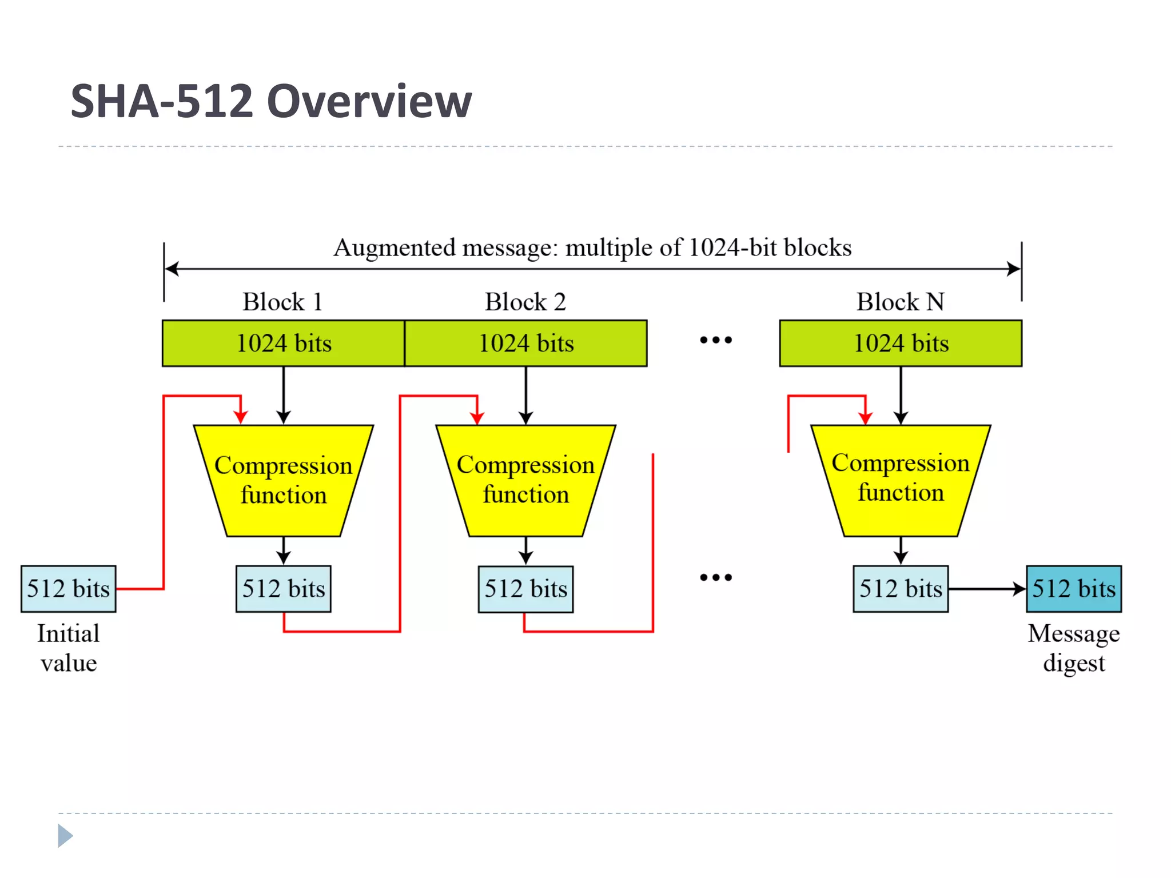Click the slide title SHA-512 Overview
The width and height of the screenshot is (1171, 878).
click(x=271, y=101)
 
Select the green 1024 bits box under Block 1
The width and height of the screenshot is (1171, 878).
click(x=284, y=343)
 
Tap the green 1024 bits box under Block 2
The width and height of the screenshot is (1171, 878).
click(x=526, y=343)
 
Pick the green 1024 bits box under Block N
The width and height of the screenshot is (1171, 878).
click(x=901, y=343)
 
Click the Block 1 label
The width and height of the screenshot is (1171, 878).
click(x=282, y=302)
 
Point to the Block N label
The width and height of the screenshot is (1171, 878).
click(x=900, y=302)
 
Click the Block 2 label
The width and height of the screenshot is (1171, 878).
click(x=525, y=302)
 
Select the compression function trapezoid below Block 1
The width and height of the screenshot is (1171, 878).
click(x=284, y=480)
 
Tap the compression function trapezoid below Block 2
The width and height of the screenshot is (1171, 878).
click(x=526, y=480)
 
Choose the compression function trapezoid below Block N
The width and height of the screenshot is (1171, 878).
click(x=901, y=479)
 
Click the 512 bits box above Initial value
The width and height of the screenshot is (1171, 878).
click(x=69, y=589)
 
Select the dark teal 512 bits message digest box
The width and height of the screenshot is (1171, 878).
click(x=1074, y=589)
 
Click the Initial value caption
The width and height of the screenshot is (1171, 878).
click(x=69, y=648)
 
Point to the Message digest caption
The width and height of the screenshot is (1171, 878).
click(x=1074, y=648)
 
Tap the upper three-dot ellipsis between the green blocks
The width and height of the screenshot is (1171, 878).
click(x=716, y=340)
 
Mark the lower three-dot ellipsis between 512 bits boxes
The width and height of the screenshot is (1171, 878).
click(x=716, y=577)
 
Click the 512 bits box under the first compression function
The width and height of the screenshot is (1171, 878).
click(x=284, y=589)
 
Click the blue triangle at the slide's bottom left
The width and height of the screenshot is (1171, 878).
click(x=65, y=836)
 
